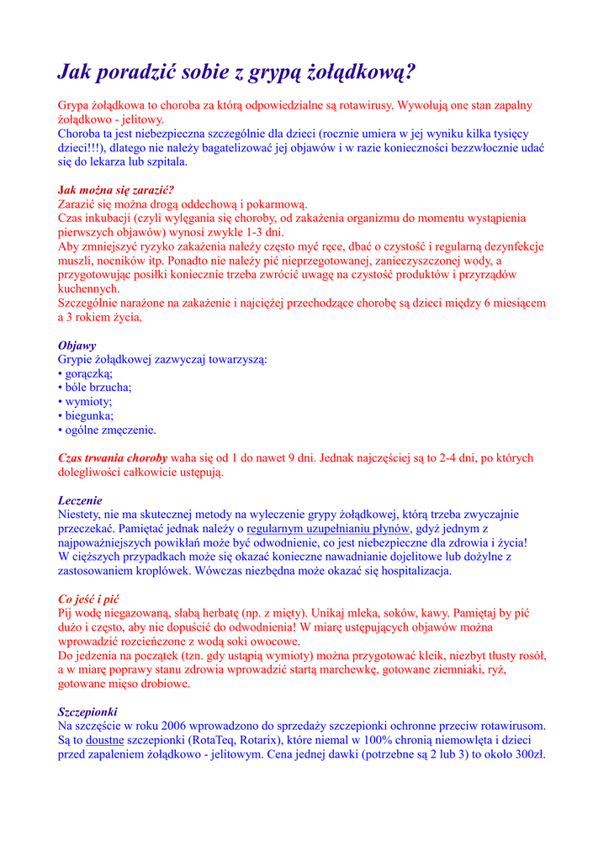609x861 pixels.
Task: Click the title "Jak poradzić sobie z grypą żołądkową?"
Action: [x=236, y=72]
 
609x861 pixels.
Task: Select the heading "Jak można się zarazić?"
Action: [x=115, y=190]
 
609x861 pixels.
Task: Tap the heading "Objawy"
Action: [x=77, y=346]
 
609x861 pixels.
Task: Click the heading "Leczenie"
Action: [x=80, y=500]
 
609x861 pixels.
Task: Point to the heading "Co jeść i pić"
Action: [x=88, y=600]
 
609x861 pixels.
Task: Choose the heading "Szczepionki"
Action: [x=87, y=712]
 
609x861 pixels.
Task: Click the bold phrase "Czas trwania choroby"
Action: [x=113, y=458]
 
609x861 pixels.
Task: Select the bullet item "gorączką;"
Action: [x=88, y=373]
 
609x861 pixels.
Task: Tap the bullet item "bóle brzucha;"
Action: [x=97, y=388]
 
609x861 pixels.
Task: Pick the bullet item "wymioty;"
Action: [x=89, y=402]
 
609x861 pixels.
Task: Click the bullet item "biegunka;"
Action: [x=90, y=415]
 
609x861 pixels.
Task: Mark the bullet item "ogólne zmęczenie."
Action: [x=110, y=430]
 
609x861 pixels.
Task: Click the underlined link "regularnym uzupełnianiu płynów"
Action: [x=328, y=529]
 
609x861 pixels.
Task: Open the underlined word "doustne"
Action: [x=105, y=741]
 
